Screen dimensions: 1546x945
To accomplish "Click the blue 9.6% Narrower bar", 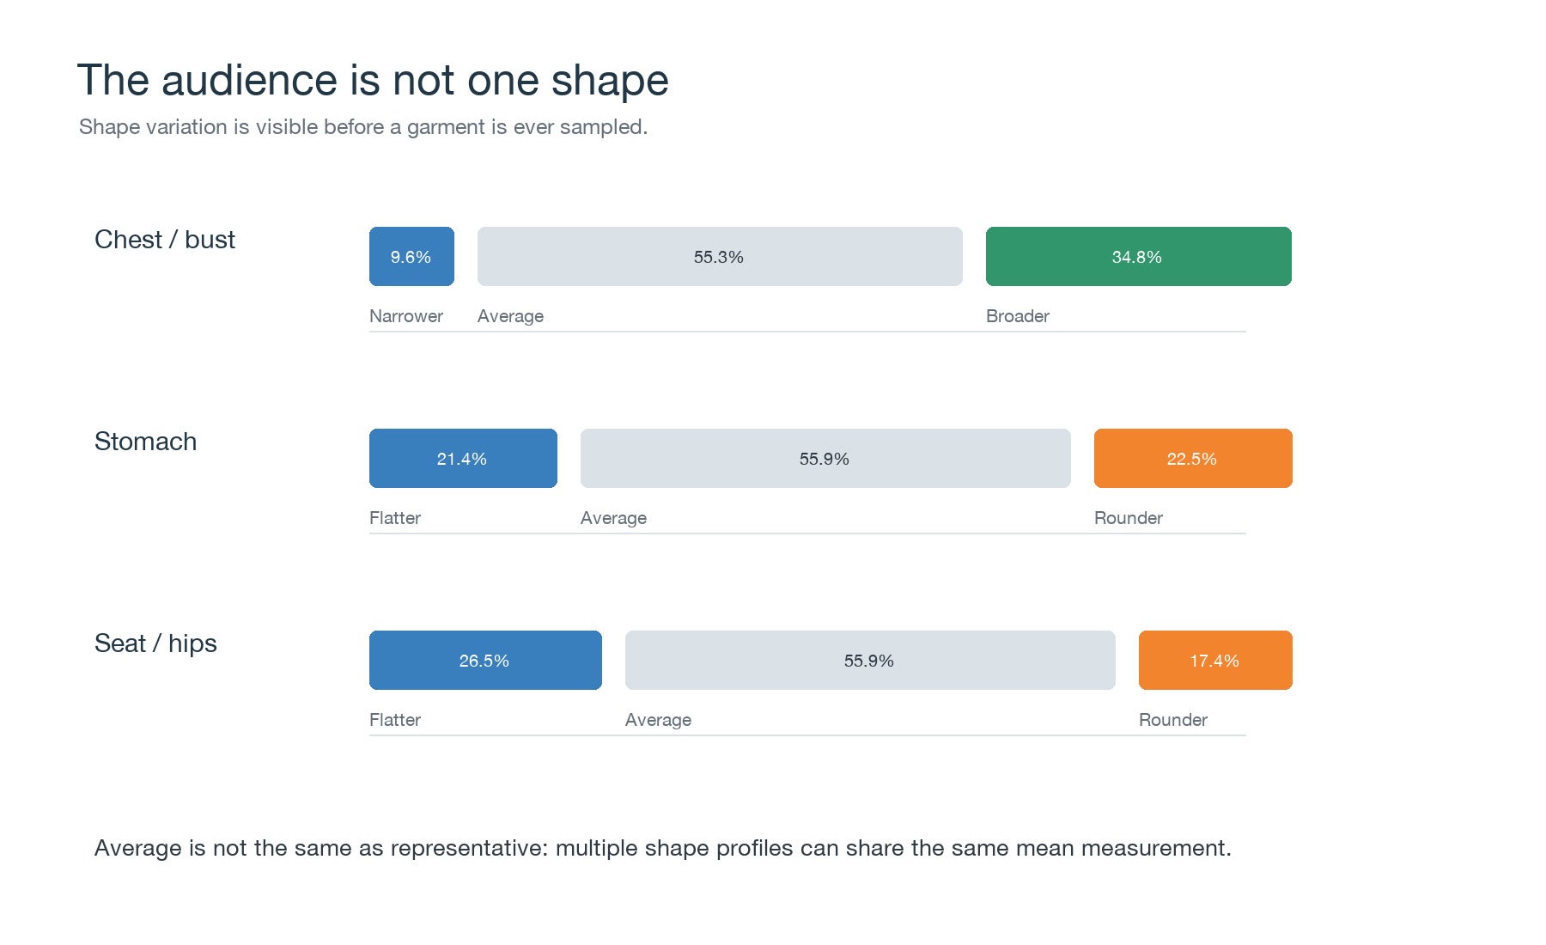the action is pos(411,256).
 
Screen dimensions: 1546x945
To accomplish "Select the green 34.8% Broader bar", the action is pos(1139,256).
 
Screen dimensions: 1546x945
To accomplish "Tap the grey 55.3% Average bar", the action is pos(720,256).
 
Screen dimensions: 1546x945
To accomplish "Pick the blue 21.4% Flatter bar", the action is pos(463,458).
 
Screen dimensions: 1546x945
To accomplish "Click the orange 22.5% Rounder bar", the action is pos(1193,458).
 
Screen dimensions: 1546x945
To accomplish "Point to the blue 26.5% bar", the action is pos(485,660).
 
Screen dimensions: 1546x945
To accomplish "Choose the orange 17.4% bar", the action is pos(1215,660).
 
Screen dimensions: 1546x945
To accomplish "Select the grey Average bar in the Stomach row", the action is pos(825,458).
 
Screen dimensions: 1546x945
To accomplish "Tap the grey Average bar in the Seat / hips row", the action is pos(870,660).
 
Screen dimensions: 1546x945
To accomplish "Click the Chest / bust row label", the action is pos(165,240).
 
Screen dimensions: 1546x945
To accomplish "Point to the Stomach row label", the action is pos(146,442).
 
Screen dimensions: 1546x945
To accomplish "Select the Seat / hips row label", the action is pos(155,643).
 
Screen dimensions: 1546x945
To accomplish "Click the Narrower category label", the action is pos(406,316).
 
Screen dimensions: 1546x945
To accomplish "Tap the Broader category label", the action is pos(1018,316).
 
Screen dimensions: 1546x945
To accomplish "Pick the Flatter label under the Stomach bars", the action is pos(395,518).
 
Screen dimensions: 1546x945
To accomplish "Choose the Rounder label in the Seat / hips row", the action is pos(1173,720).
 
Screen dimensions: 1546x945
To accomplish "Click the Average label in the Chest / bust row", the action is pos(510,316).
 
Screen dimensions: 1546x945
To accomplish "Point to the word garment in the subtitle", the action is pos(445,127).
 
